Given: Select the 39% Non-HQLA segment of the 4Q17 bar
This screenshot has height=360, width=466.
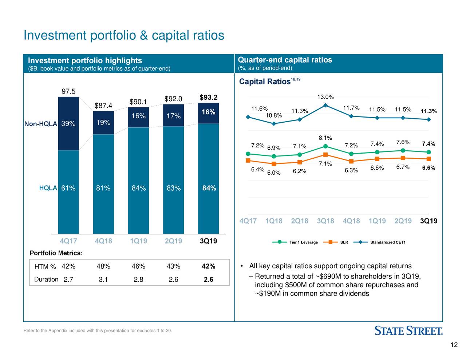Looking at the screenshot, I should (68, 124).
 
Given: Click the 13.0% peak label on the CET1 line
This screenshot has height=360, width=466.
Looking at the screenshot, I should (325, 97).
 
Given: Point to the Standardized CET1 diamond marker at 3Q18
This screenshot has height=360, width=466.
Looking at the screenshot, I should (325, 106).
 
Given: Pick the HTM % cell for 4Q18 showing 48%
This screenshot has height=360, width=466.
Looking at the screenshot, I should (103, 266).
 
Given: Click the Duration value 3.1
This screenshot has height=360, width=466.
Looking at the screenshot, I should (103, 280).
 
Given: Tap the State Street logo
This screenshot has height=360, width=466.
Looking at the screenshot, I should (408, 331).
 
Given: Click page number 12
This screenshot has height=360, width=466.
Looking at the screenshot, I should (454, 345).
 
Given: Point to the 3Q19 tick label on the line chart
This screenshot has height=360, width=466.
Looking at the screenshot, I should (429, 221).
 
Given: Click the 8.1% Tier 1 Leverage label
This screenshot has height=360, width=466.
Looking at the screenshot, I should (325, 138).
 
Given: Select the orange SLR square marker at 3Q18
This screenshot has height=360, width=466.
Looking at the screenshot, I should (325, 155).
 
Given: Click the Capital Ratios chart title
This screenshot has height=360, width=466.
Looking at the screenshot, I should (265, 82).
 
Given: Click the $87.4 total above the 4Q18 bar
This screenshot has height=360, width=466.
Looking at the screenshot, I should (103, 106).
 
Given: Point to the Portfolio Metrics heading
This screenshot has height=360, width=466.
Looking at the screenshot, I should (56, 253).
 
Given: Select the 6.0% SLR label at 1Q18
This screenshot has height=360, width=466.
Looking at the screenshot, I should (274, 173).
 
